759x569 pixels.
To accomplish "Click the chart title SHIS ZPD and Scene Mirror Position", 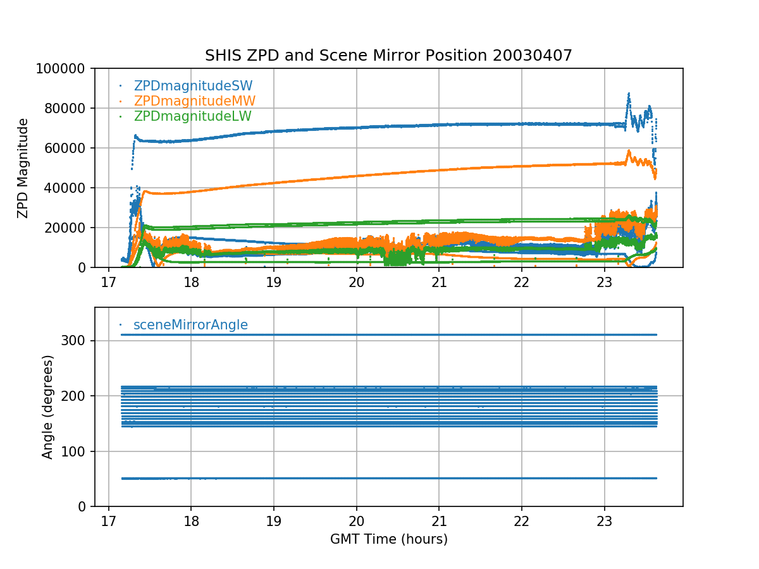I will [x=388, y=56].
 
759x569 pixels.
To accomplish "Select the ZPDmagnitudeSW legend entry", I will [x=193, y=86].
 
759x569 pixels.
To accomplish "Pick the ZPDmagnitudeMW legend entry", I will [x=194, y=101].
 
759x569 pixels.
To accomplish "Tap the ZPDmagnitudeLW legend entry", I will [x=192, y=116].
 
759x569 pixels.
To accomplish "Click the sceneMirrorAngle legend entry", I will [x=190, y=325].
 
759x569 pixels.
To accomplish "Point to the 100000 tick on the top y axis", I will [x=65, y=68].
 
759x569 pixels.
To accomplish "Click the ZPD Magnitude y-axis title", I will [x=23, y=168].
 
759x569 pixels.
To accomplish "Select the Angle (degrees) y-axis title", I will [x=48, y=407].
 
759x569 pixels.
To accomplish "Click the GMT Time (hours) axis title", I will [x=388, y=539].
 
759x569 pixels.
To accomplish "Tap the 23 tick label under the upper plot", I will [x=605, y=281].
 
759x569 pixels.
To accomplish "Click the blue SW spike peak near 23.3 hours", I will [x=629, y=94].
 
